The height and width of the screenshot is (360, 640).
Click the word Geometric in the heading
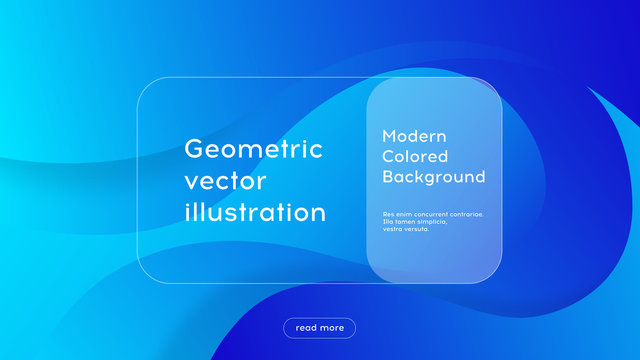coord(254,149)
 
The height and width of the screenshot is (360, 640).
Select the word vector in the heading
coord(226,181)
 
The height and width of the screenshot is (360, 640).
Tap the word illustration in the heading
coord(255,213)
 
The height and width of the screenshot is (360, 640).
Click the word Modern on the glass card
coord(414,136)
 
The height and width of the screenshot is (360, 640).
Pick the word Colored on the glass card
coord(415,156)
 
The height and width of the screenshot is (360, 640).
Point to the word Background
coord(434,177)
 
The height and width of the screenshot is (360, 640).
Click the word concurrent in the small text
coord(427,214)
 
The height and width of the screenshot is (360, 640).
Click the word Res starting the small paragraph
coord(388,214)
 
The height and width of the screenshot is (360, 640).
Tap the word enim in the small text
coord(402,214)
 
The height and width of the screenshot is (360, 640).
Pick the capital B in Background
coord(388,177)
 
